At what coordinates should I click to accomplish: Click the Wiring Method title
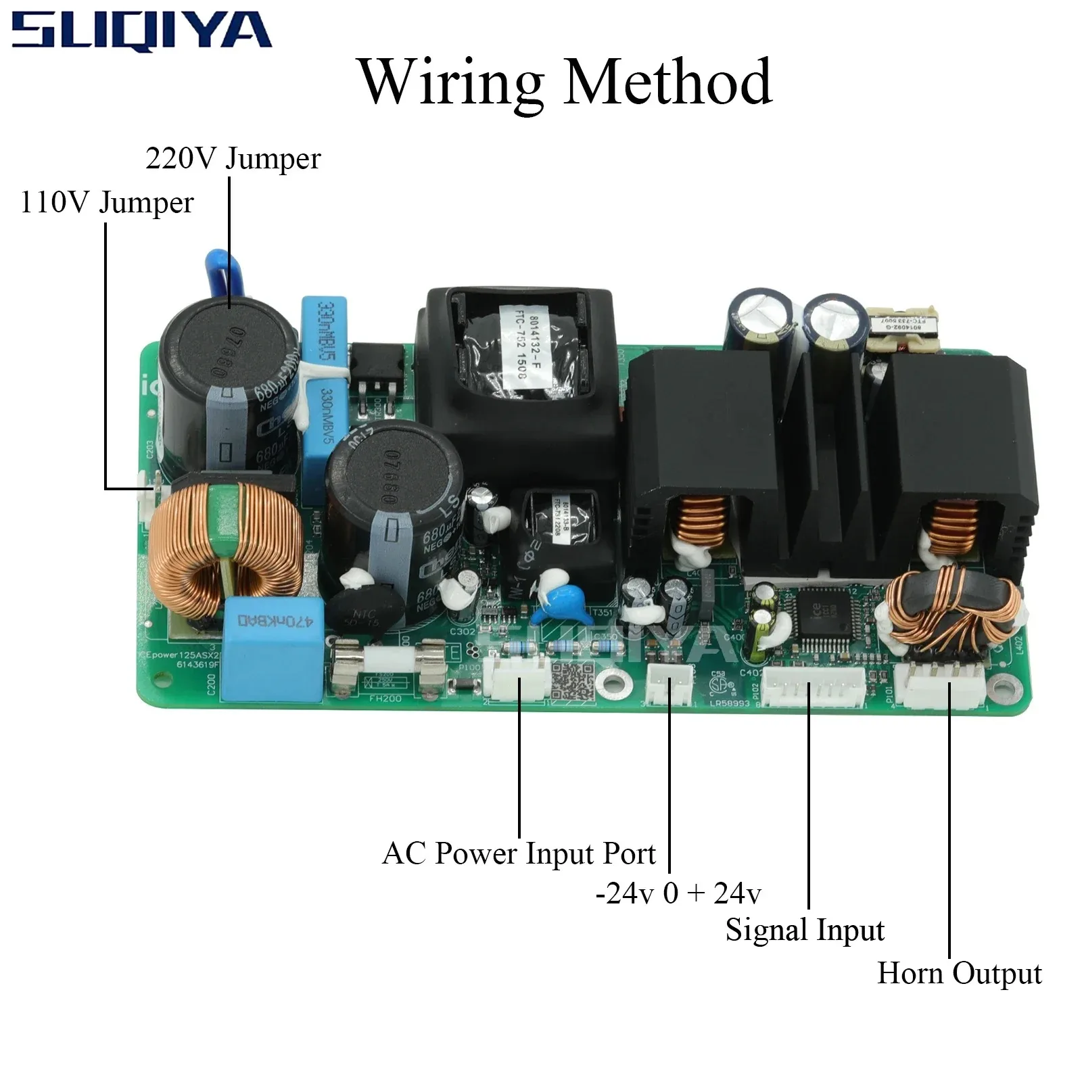point(566,83)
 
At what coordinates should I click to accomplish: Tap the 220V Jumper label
point(233,159)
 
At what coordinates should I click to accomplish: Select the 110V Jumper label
point(107,202)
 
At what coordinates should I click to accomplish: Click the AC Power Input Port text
point(518,853)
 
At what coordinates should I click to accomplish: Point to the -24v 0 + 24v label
point(678,893)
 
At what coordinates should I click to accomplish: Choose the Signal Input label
point(804,930)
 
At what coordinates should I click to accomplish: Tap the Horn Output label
point(958,973)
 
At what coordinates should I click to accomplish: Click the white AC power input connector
point(519,677)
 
